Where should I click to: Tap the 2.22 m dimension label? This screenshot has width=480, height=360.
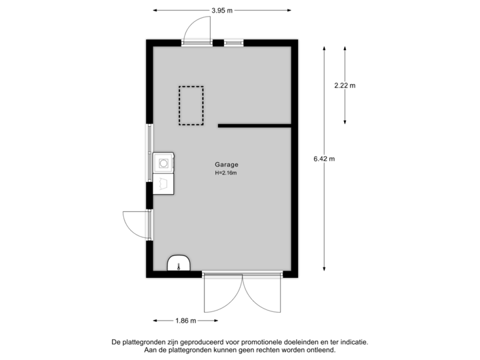(x=345, y=85)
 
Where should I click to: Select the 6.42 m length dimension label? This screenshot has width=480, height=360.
(x=324, y=159)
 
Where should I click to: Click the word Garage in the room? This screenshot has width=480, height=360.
(x=226, y=165)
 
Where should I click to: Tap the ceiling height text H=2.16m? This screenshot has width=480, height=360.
(x=226, y=173)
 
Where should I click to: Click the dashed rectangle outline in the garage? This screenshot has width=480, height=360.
(x=191, y=105)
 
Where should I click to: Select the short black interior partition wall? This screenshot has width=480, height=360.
(x=254, y=125)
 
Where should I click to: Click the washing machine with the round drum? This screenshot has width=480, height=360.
(x=163, y=161)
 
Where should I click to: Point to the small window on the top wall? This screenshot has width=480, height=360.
(x=233, y=43)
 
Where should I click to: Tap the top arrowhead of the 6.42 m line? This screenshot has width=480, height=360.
(x=324, y=48)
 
